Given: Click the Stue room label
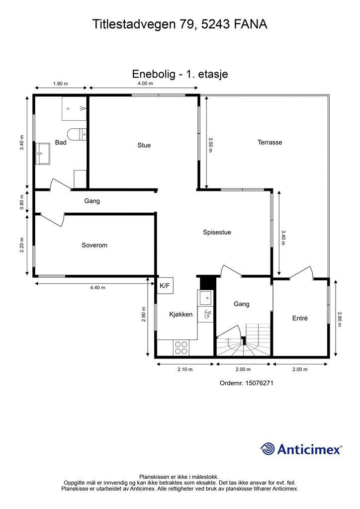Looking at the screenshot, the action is [x=144, y=145].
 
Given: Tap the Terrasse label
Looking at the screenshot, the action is [x=270, y=142].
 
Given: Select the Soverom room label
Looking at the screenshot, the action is [x=94, y=245].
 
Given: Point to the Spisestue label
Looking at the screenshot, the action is [x=217, y=233].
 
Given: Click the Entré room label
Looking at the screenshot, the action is [x=300, y=318].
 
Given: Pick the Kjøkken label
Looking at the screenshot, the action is [x=181, y=314].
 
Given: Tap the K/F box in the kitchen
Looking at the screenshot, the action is [x=165, y=286].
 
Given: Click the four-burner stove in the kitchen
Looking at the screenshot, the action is [x=181, y=348].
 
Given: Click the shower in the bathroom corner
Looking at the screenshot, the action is [x=75, y=108].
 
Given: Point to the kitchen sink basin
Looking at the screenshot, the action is [x=205, y=297].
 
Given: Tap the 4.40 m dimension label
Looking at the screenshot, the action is [x=97, y=288].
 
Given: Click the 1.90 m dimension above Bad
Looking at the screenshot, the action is [x=60, y=84].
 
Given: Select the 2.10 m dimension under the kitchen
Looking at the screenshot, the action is [x=185, y=369].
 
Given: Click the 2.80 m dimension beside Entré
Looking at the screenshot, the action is [x=340, y=320].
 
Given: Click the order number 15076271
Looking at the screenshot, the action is [x=260, y=383].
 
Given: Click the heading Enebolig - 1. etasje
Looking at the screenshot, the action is [x=180, y=74].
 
